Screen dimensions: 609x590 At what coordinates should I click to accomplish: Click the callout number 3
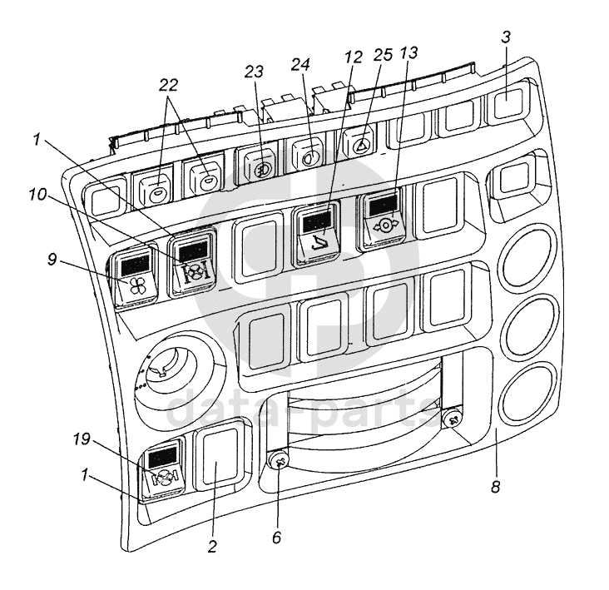(x=505, y=37)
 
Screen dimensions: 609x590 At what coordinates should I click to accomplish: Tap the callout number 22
(x=169, y=85)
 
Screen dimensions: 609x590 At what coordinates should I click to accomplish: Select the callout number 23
(x=254, y=72)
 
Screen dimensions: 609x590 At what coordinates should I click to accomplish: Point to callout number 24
(x=300, y=64)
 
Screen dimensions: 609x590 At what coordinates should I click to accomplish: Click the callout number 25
(x=384, y=55)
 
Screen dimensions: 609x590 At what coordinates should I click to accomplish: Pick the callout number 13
(x=408, y=52)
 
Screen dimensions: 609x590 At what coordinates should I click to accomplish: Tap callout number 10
(x=37, y=194)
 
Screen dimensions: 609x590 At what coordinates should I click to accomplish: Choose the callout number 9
(x=52, y=259)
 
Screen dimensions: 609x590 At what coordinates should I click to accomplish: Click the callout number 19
(x=82, y=439)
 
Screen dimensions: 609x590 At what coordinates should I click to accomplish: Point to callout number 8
(x=495, y=486)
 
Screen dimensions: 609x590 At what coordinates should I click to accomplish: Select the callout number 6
(x=276, y=538)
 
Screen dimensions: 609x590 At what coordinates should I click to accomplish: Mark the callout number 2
(x=211, y=547)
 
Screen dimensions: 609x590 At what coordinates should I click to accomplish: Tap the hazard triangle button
(x=360, y=142)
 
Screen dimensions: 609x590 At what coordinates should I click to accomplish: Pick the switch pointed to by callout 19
(x=163, y=471)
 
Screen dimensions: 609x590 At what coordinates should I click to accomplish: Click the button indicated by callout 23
(x=258, y=165)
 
